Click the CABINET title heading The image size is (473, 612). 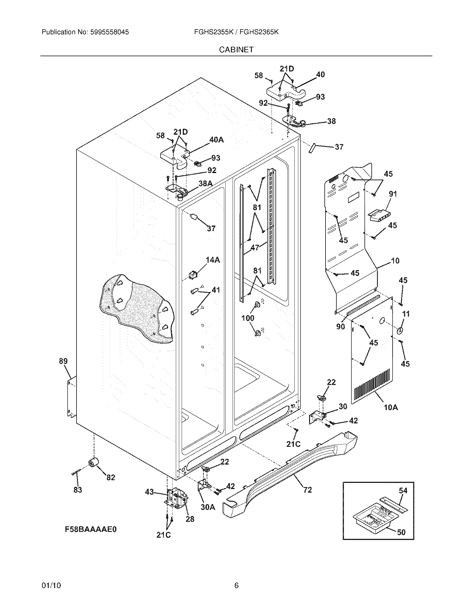236,50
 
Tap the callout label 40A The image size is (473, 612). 216,140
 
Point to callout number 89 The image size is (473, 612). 63,361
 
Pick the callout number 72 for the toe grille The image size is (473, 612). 307,490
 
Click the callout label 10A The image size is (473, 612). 391,407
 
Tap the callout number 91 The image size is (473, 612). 393,194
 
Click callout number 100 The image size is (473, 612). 248,318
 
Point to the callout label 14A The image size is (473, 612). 213,260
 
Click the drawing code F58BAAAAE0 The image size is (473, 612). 90,529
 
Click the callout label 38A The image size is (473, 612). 205,183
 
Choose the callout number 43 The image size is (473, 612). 149,492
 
